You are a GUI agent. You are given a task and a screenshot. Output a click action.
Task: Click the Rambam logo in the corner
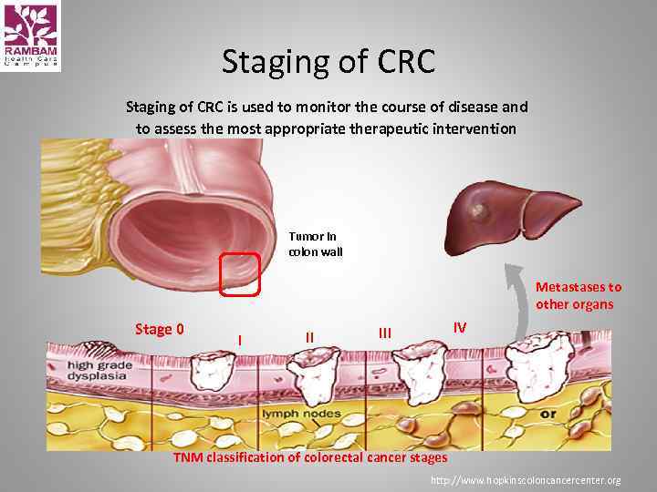pos(31,36)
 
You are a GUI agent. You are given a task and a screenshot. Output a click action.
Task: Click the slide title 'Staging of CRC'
pos(328,63)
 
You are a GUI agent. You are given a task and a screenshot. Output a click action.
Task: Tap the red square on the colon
pos(240,275)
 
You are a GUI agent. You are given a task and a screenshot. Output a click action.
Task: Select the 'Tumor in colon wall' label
pos(315,244)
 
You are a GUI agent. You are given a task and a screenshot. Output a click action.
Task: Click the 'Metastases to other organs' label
pos(579,295)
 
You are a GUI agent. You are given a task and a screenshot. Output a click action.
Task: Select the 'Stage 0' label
pos(159,329)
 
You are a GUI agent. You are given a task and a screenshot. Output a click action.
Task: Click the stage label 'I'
pos(239,340)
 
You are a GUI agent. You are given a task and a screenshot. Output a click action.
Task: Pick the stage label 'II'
pos(309,337)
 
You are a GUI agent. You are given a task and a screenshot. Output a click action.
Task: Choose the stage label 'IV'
pos(460,327)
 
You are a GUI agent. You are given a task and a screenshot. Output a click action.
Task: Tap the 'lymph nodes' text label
pos(301,414)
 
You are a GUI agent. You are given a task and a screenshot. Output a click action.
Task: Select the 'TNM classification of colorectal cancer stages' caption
pos(310,457)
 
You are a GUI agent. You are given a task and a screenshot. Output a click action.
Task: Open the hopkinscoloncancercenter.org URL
pos(527,480)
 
